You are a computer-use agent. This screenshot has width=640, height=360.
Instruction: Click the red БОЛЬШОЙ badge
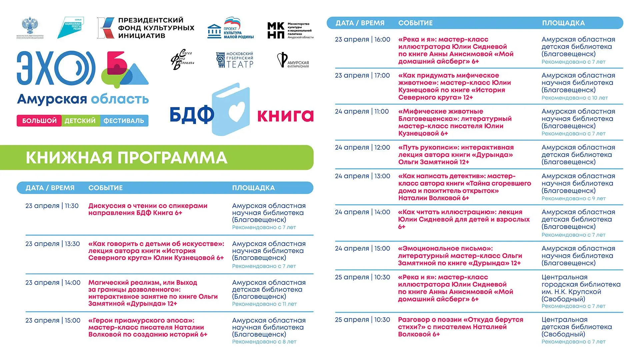(39, 121)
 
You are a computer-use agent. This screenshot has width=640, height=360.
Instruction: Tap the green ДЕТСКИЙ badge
(80, 121)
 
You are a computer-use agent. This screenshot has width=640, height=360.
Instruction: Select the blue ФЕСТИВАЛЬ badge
(124, 121)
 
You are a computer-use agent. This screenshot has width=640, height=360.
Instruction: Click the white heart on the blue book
(237, 111)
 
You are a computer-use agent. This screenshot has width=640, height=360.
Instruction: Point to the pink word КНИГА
(285, 115)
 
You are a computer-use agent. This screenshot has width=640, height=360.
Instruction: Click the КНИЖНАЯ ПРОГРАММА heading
(127, 158)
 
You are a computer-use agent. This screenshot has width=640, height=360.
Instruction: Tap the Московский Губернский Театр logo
(235, 60)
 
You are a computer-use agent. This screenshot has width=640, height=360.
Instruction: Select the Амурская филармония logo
(293, 60)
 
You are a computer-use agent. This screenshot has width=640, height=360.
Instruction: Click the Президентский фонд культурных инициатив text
(156, 28)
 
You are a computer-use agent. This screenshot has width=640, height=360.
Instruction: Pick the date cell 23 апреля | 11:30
(52, 206)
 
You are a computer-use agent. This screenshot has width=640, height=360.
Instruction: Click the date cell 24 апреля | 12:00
(362, 147)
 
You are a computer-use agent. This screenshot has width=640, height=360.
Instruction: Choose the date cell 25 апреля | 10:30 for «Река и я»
(362, 277)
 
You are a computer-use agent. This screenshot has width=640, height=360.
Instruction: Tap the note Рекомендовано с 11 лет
(264, 304)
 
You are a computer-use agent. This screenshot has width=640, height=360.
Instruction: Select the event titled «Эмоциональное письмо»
(460, 256)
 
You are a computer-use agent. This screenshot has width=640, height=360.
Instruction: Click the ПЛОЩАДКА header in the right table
(563, 23)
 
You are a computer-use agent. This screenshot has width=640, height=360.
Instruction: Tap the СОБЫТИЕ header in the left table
(105, 188)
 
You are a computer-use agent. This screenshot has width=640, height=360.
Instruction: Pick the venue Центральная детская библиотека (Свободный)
(577, 327)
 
